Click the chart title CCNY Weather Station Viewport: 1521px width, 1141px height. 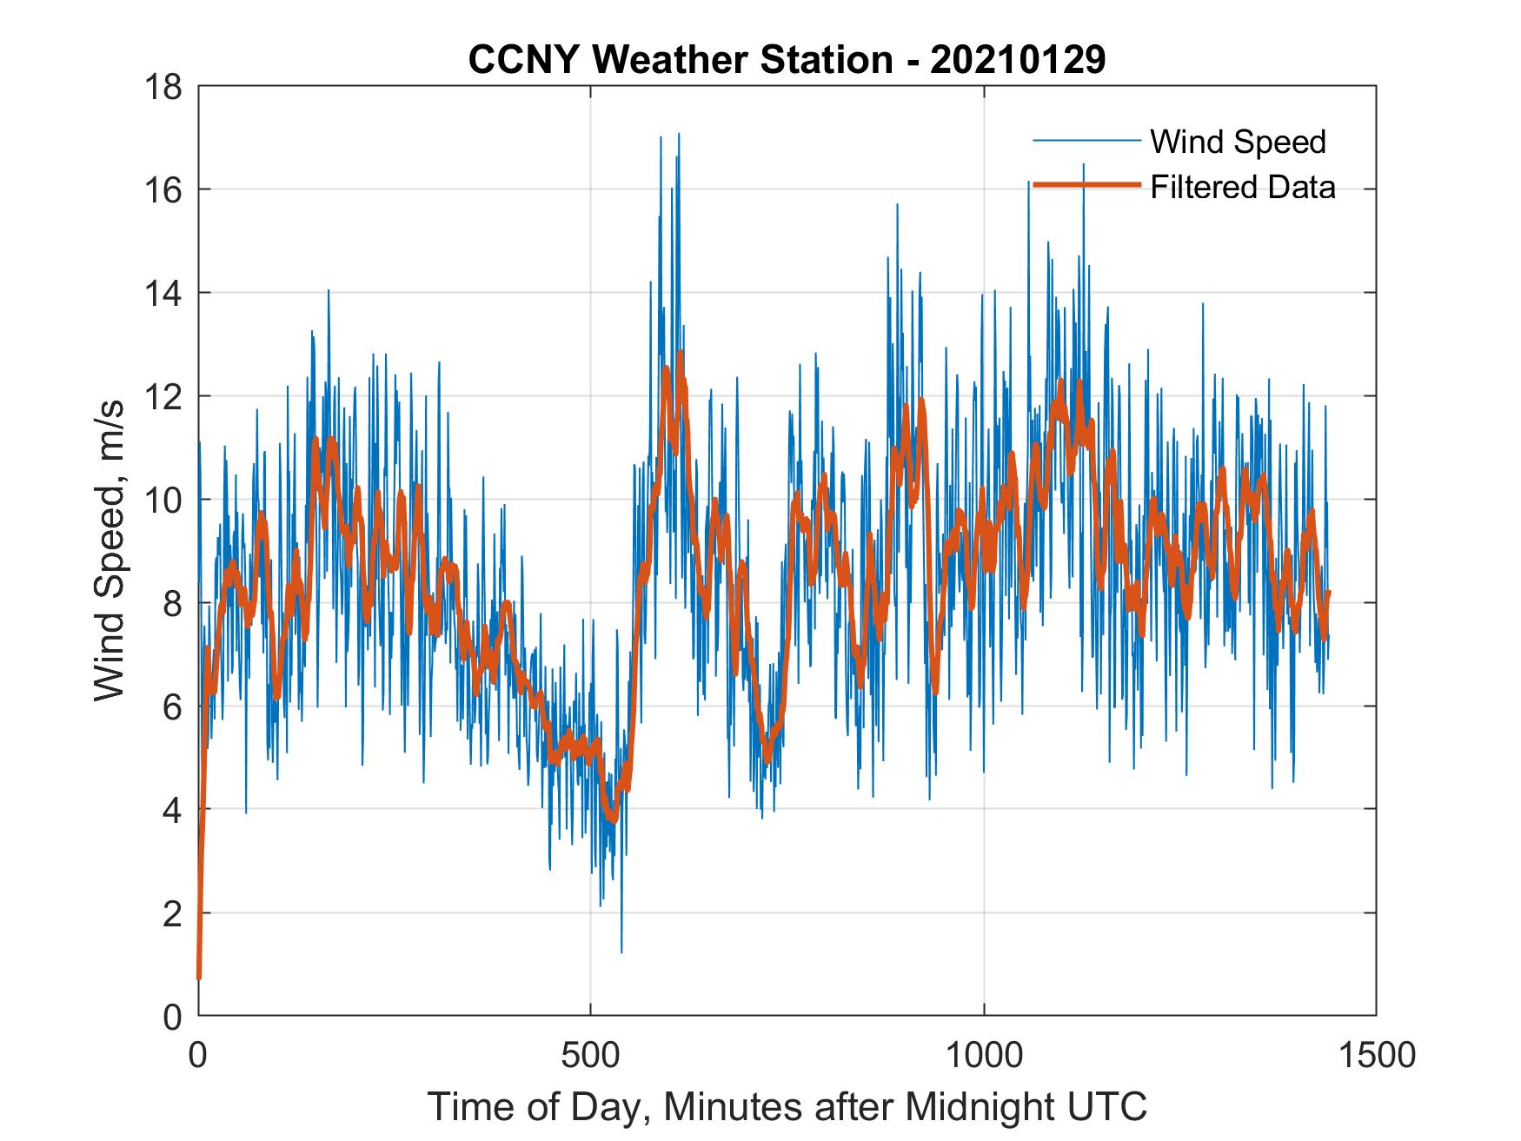click(681, 60)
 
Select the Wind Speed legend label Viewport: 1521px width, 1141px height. click(1238, 142)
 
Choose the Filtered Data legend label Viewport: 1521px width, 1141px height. click(1243, 187)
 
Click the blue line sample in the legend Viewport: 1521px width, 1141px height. click(1086, 141)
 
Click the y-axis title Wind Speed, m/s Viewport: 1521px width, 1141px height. click(110, 550)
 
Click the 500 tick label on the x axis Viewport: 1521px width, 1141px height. click(591, 1055)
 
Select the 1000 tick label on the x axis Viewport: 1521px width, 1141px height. click(984, 1055)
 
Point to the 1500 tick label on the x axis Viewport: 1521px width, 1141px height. click(1376, 1055)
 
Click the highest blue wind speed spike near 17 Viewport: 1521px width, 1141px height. click(678, 136)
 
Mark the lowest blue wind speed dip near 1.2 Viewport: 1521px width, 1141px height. click(621, 952)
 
